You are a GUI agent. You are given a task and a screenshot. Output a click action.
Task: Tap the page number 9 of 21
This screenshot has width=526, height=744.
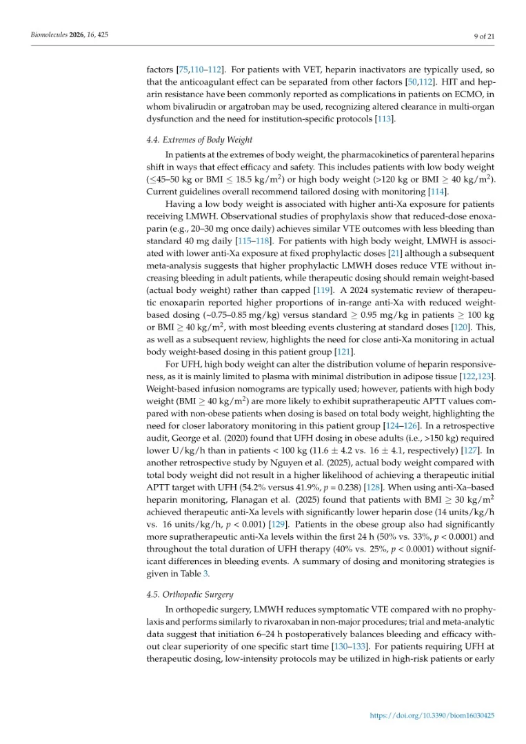[484, 35]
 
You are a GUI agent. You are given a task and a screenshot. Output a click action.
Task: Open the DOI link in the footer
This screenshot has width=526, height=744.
[432, 716]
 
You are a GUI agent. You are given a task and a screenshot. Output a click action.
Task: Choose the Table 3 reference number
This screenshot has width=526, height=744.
[207, 574]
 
